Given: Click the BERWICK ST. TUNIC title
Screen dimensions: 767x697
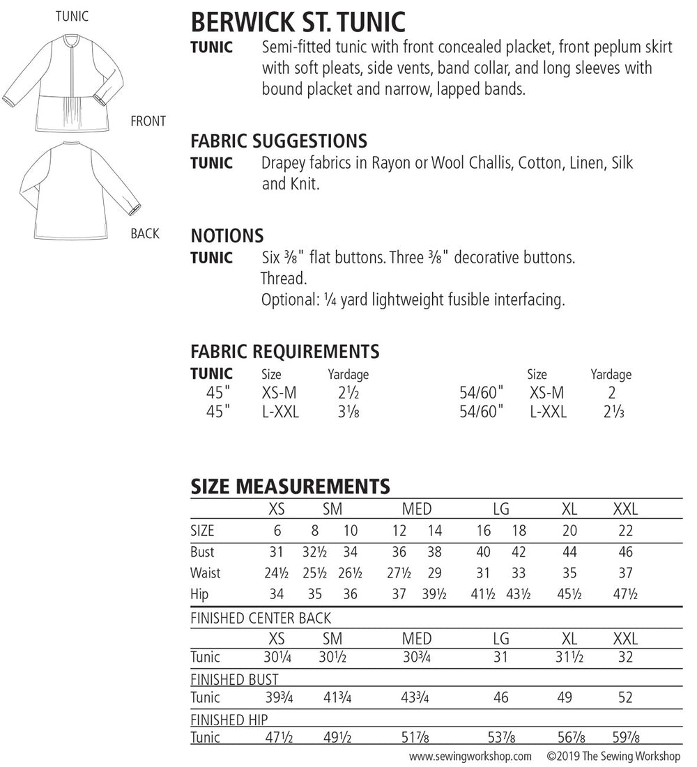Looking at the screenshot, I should [298, 22].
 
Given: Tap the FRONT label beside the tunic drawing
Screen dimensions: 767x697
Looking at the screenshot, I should [148, 121].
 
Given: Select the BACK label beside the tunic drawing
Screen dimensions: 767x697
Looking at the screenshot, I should [145, 233].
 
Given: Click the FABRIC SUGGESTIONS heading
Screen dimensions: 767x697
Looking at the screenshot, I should [279, 141].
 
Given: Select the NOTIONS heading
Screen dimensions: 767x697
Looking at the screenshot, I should [227, 235].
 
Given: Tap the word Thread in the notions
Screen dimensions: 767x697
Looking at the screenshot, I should [284, 279].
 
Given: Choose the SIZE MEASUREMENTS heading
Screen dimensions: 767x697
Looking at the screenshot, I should [290, 486].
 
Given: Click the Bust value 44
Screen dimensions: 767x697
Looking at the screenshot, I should [569, 552].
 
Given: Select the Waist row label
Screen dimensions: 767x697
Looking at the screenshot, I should [205, 573].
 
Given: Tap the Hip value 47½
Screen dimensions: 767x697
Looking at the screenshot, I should [625, 595].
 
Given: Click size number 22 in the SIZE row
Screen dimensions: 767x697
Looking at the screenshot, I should [625, 531].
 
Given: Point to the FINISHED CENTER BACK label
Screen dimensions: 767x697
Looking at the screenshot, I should [261, 618].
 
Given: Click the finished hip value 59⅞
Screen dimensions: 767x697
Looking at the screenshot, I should [625, 738].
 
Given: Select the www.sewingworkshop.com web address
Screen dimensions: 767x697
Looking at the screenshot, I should [470, 756].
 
